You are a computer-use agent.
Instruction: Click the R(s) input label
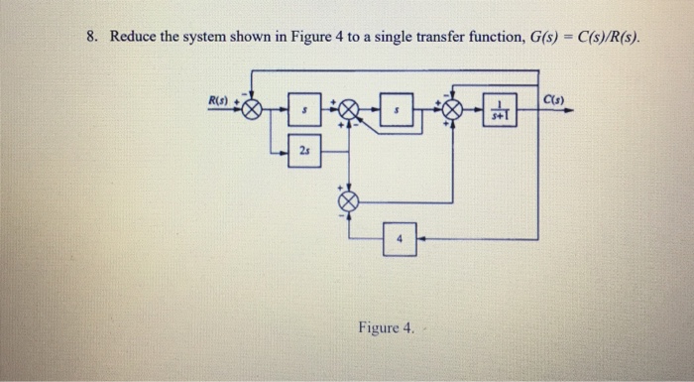pos(216,101)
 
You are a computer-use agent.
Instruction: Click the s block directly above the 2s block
pos(305,111)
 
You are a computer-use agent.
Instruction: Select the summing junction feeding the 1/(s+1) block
pos(453,111)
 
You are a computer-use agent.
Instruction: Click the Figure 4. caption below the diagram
pos(387,325)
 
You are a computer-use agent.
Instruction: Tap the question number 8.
pos(90,38)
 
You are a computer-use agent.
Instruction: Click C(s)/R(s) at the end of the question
pos(600,38)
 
